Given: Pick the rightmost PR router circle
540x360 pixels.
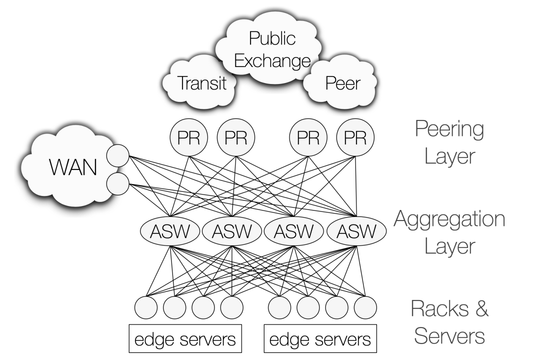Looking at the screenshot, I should click(355, 138).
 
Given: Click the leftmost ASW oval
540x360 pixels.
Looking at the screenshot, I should click(170, 231).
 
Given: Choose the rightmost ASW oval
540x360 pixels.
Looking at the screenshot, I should click(357, 231).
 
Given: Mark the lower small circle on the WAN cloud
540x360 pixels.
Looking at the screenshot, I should click(119, 183).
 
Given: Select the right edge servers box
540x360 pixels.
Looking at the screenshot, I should click(320, 340).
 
